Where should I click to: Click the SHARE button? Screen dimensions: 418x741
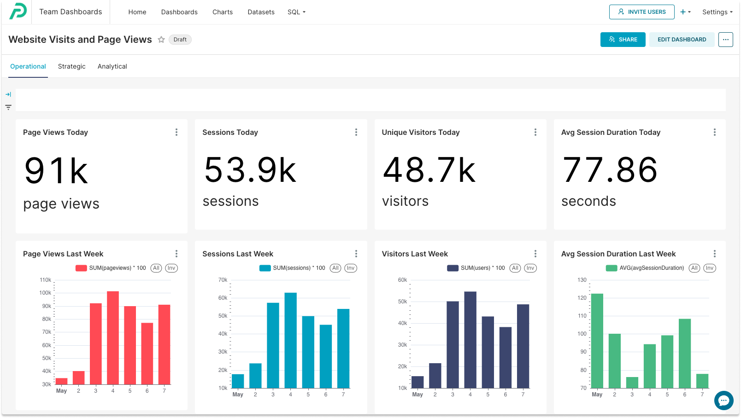click(623, 40)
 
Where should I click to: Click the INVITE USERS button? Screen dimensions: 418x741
click(641, 12)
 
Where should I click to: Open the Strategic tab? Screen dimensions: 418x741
click(72, 66)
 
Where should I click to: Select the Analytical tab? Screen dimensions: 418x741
click(112, 66)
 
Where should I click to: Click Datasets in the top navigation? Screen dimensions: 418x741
click(261, 12)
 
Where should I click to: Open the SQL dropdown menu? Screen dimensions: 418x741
click(296, 12)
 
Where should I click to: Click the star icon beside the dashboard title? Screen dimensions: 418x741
click(161, 40)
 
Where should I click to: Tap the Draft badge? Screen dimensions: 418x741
click(180, 40)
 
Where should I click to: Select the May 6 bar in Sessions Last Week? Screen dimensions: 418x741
click(326, 356)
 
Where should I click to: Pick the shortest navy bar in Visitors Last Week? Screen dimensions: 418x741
click(418, 382)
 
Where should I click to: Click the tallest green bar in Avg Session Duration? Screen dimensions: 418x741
click(597, 341)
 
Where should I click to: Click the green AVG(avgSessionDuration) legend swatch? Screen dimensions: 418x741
click(612, 268)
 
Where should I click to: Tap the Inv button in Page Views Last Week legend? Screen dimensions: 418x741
click(171, 268)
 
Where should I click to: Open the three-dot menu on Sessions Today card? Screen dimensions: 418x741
click(356, 132)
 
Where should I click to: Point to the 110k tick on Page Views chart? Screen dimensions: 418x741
click(46, 280)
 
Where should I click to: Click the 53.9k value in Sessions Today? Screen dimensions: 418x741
click(250, 170)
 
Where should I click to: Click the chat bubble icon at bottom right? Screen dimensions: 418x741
click(723, 400)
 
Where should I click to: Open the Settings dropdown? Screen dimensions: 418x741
click(717, 12)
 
